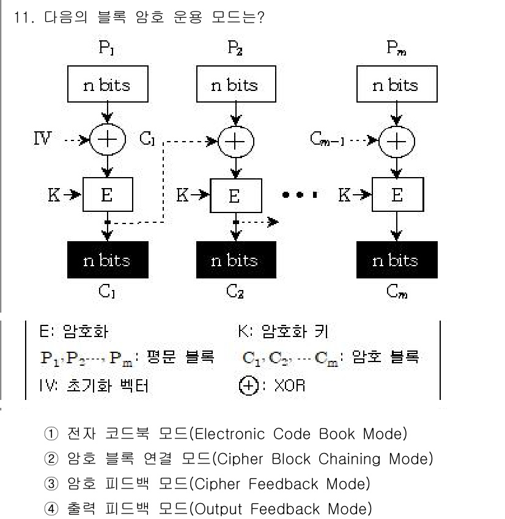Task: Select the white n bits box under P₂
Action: pos(234,85)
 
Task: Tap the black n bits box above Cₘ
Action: pos(396,260)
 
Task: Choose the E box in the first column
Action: pos(107,195)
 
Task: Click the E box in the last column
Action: pos(397,195)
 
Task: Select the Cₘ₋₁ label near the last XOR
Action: pos(329,141)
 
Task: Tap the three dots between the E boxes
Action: pos(300,195)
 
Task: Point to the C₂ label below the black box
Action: pos(234,291)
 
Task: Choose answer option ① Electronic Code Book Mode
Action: pos(226,434)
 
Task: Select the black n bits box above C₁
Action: pos(107,260)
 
